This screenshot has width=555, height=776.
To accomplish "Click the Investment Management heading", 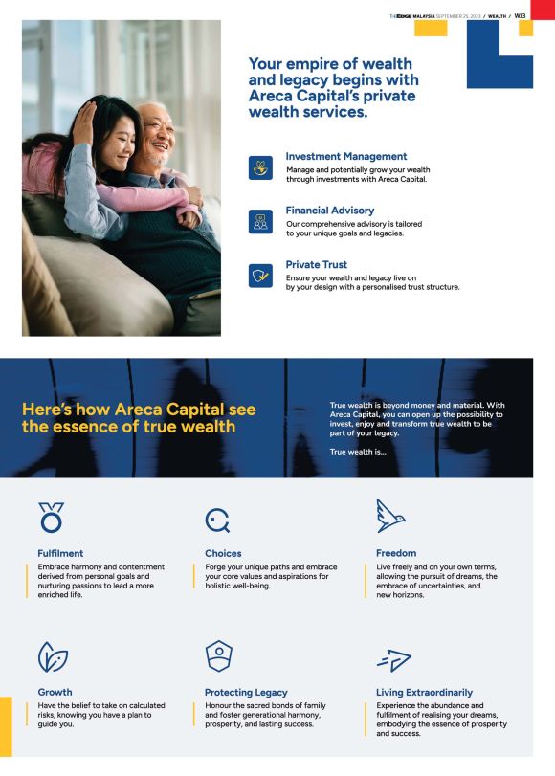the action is click(346, 156).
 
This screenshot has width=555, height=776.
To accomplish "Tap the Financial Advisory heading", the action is click(330, 211).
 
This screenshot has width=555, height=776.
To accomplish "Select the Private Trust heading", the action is click(317, 264).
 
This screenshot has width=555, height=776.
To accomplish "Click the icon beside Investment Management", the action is click(260, 167).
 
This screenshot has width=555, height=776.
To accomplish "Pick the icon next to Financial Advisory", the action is click(260, 222).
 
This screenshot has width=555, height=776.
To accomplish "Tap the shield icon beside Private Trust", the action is click(260, 276).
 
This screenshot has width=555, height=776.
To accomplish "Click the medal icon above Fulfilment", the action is click(52, 518).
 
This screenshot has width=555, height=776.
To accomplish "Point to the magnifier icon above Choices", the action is click(217, 521).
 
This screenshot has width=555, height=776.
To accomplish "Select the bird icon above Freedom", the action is click(390, 516).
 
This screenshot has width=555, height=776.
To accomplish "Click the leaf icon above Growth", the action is click(53, 657).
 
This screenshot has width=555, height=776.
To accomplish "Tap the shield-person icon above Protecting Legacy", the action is click(219, 656).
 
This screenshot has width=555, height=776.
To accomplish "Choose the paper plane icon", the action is click(394, 660).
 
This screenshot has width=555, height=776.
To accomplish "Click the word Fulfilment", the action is click(60, 553).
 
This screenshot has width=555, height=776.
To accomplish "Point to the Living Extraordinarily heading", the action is click(424, 693).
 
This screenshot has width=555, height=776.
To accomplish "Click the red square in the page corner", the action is click(543, 10).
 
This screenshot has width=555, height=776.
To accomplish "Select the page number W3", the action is click(520, 16).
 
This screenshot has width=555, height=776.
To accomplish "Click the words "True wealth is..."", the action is click(358, 452).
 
